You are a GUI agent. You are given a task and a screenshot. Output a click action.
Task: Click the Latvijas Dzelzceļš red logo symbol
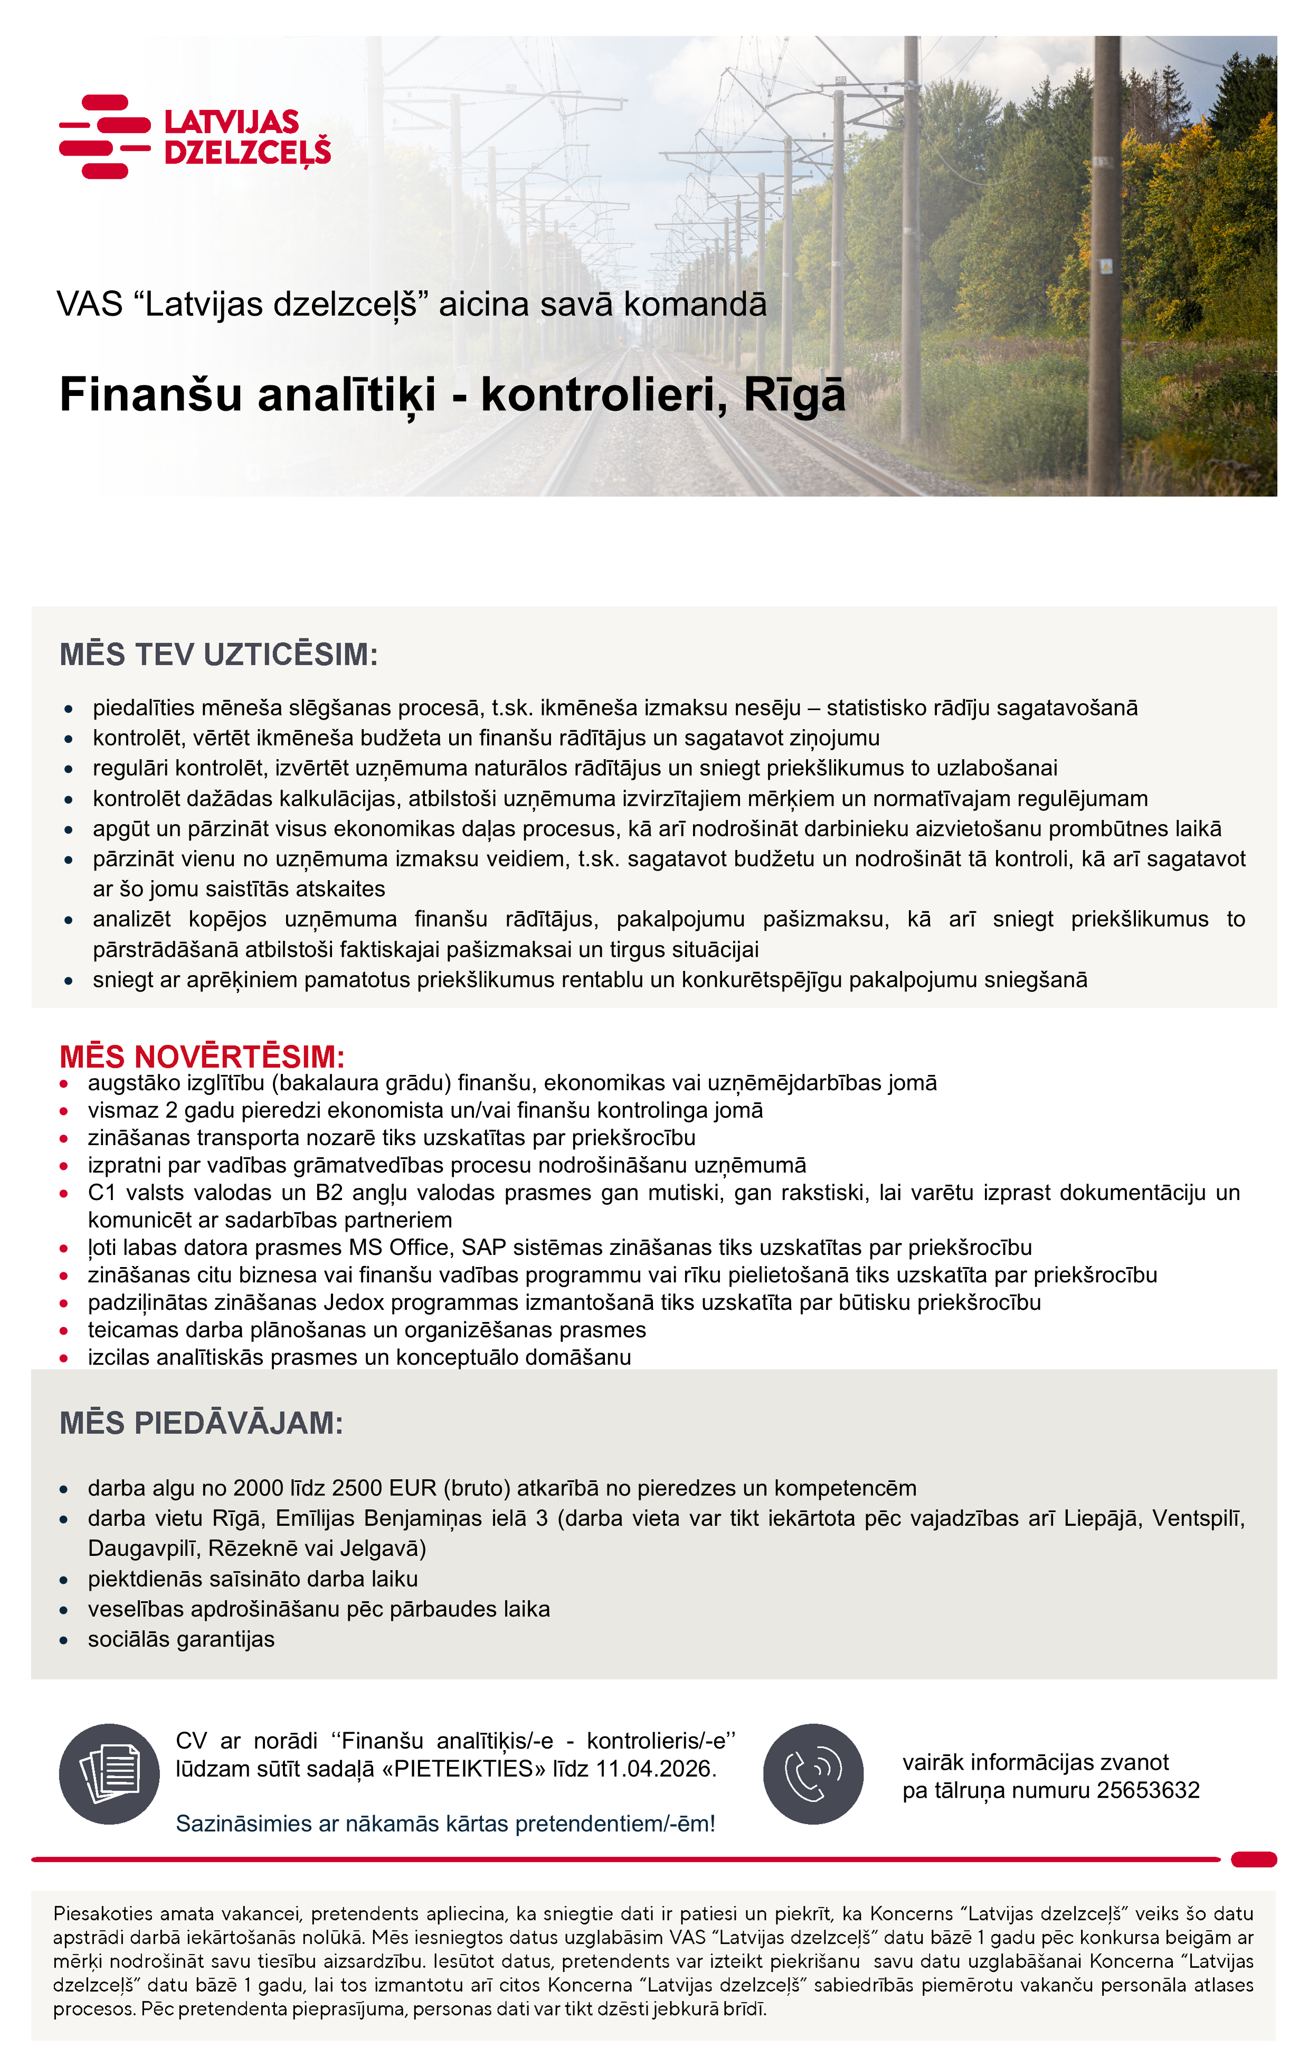[x=105, y=136]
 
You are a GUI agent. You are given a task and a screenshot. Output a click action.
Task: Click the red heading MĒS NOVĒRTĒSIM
[x=202, y=1057]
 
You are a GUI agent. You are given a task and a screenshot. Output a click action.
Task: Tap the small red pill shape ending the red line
[x=1254, y=1860]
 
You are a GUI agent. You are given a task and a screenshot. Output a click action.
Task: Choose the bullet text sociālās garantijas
[x=181, y=1640]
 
